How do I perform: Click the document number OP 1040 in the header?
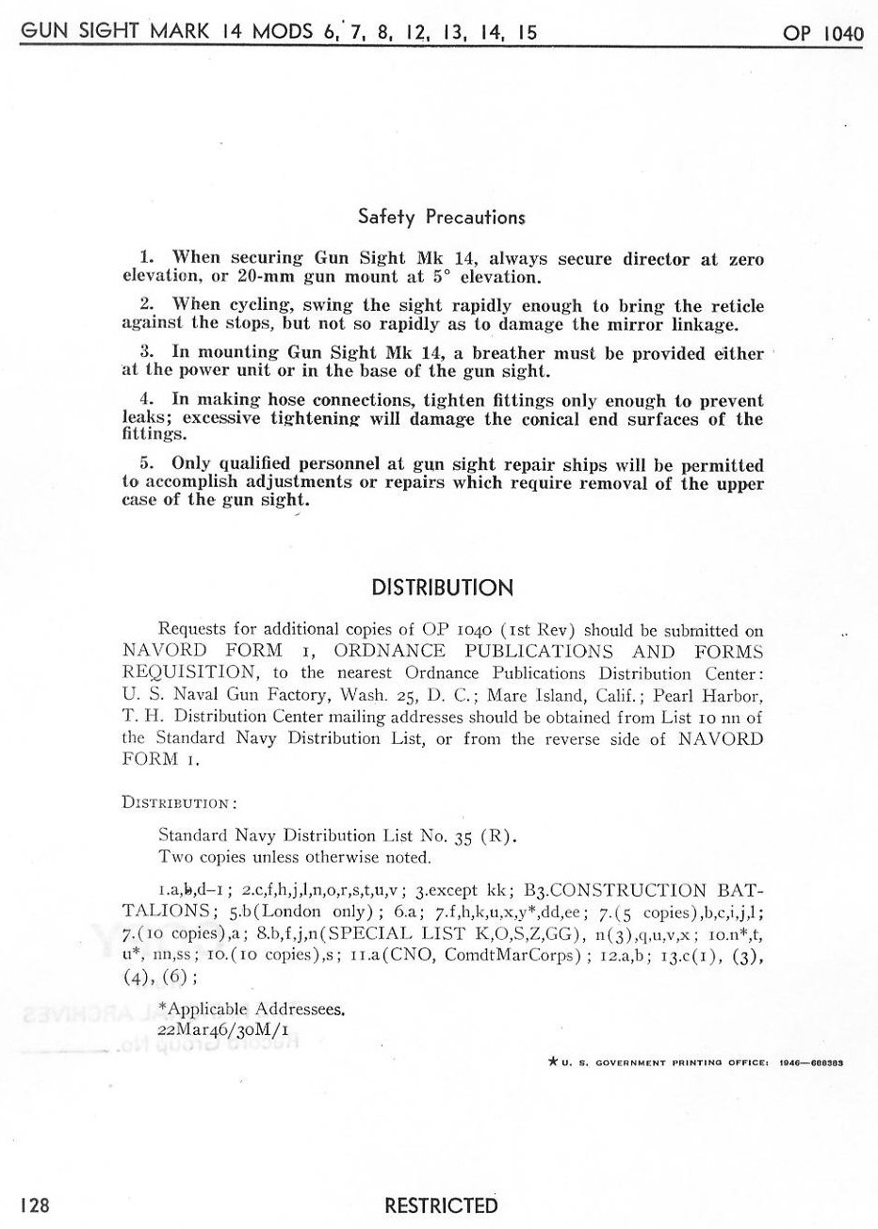pyautogui.click(x=822, y=34)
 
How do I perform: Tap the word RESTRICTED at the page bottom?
pyautogui.click(x=441, y=1205)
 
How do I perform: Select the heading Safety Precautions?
pyautogui.click(x=441, y=217)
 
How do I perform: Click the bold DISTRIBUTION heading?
pyautogui.click(x=442, y=589)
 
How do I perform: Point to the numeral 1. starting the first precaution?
pyautogui.click(x=146, y=259)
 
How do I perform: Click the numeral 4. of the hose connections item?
pyautogui.click(x=146, y=399)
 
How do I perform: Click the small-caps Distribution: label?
pyautogui.click(x=179, y=803)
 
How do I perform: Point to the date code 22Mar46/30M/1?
pyautogui.click(x=215, y=1030)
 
